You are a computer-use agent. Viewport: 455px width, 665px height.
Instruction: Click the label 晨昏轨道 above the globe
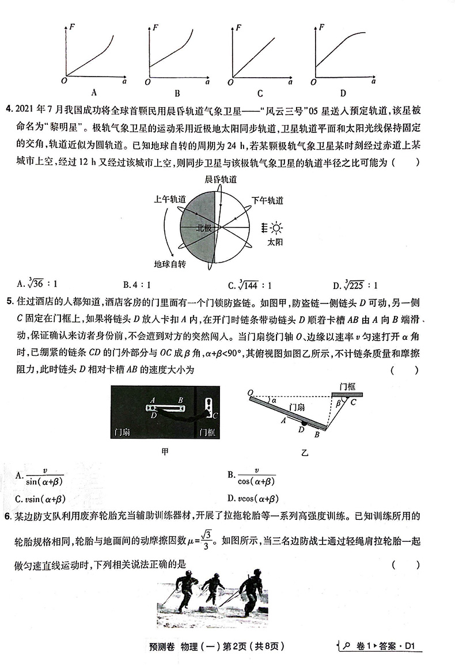(x=220, y=180)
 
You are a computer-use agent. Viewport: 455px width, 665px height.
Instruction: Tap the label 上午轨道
(x=170, y=199)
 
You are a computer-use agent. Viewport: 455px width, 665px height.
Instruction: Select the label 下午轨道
(x=267, y=200)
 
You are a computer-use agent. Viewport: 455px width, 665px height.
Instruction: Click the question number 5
(x=7, y=301)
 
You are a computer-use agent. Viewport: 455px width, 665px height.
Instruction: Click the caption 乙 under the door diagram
(x=304, y=453)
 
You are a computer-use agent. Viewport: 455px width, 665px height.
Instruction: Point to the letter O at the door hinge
(x=251, y=393)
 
